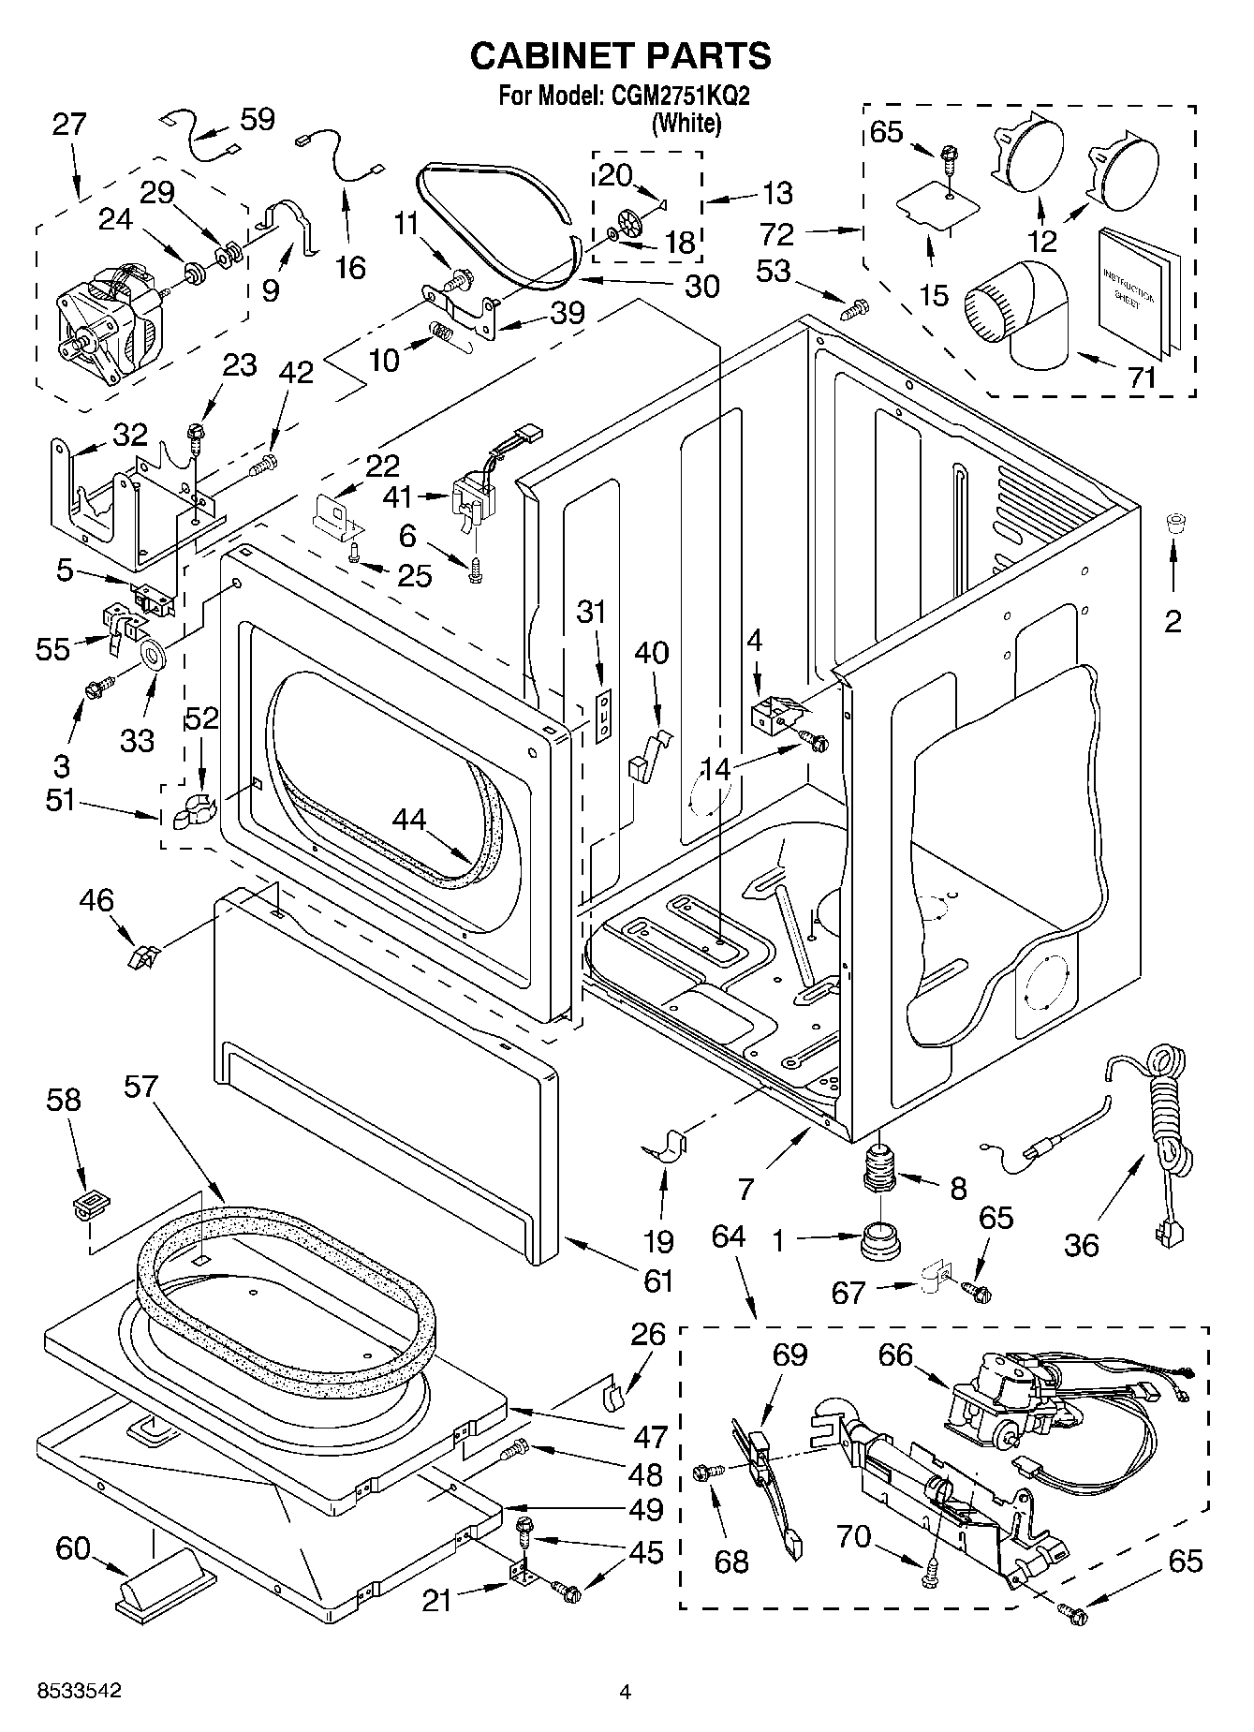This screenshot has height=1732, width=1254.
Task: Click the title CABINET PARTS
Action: [620, 55]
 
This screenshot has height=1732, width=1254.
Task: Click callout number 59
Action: [257, 119]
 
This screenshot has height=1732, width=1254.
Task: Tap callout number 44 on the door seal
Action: [408, 819]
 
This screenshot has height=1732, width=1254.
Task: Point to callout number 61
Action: [658, 1279]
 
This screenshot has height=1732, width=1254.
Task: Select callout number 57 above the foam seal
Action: [141, 1088]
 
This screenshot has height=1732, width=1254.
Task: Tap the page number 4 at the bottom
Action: [625, 1691]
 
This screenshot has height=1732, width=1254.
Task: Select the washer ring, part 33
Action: [152, 654]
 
